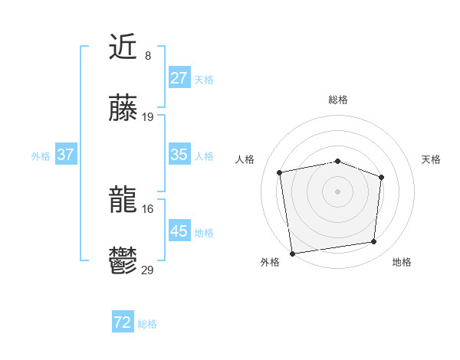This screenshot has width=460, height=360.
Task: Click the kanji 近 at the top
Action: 123,48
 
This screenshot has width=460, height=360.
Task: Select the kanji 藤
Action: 123,110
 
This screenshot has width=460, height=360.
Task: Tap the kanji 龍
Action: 123,201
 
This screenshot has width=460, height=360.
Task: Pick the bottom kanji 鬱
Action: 123,263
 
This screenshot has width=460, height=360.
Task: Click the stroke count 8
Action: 148,56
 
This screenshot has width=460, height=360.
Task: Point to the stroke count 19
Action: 148,117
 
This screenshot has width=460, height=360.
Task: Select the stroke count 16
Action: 148,209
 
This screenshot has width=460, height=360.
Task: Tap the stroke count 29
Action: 148,270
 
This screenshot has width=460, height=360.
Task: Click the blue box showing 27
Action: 179,78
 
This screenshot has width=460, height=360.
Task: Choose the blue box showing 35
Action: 179,155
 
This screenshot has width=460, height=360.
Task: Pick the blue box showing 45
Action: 179,231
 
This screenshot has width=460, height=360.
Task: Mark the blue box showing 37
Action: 66,155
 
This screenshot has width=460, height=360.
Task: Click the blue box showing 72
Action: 123,323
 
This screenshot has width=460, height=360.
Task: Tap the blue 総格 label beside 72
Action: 147,324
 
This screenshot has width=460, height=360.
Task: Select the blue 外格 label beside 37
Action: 41,155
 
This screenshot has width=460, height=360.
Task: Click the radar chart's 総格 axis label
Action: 338,100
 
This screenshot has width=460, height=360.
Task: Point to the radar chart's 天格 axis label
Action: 432,159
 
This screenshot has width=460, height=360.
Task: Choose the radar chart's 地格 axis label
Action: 402,263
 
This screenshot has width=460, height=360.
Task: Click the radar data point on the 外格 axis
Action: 292,253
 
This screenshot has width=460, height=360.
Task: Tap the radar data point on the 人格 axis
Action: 280,172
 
